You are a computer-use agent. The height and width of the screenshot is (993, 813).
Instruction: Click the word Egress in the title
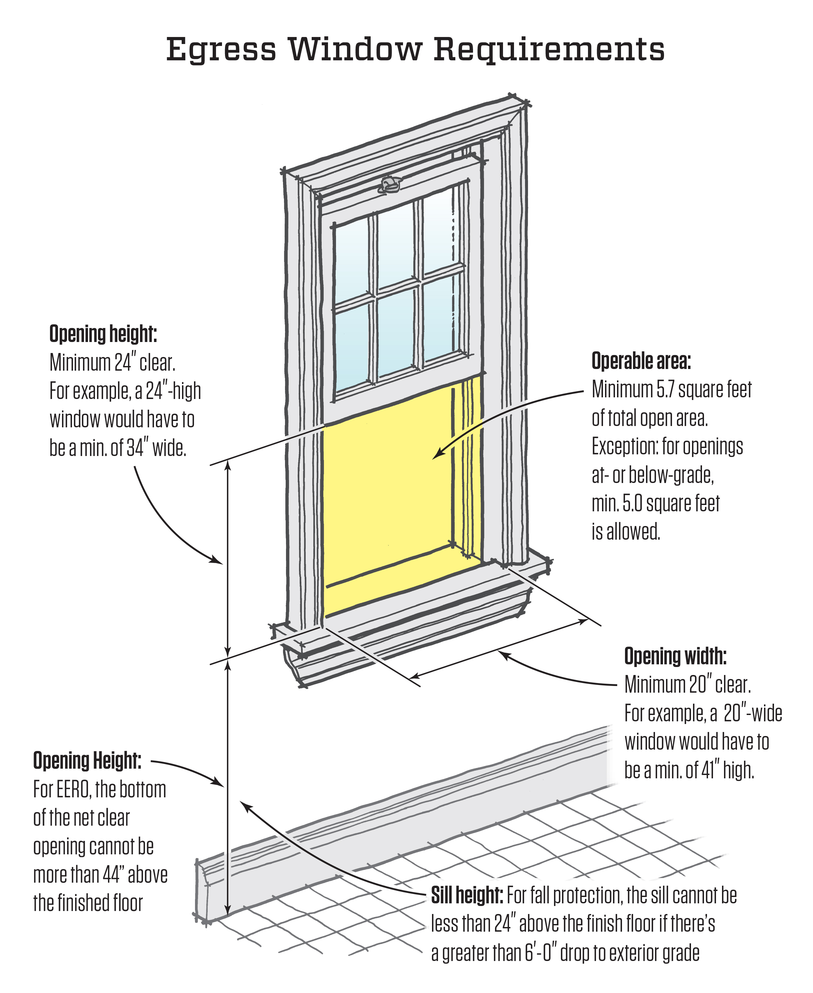[221, 50]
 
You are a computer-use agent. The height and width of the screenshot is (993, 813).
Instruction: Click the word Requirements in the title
[549, 50]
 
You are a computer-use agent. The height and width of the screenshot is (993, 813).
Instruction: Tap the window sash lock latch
[390, 185]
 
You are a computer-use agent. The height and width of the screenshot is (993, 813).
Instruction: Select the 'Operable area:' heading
[641, 361]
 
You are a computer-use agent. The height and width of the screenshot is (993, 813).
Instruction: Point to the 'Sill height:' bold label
[467, 896]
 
